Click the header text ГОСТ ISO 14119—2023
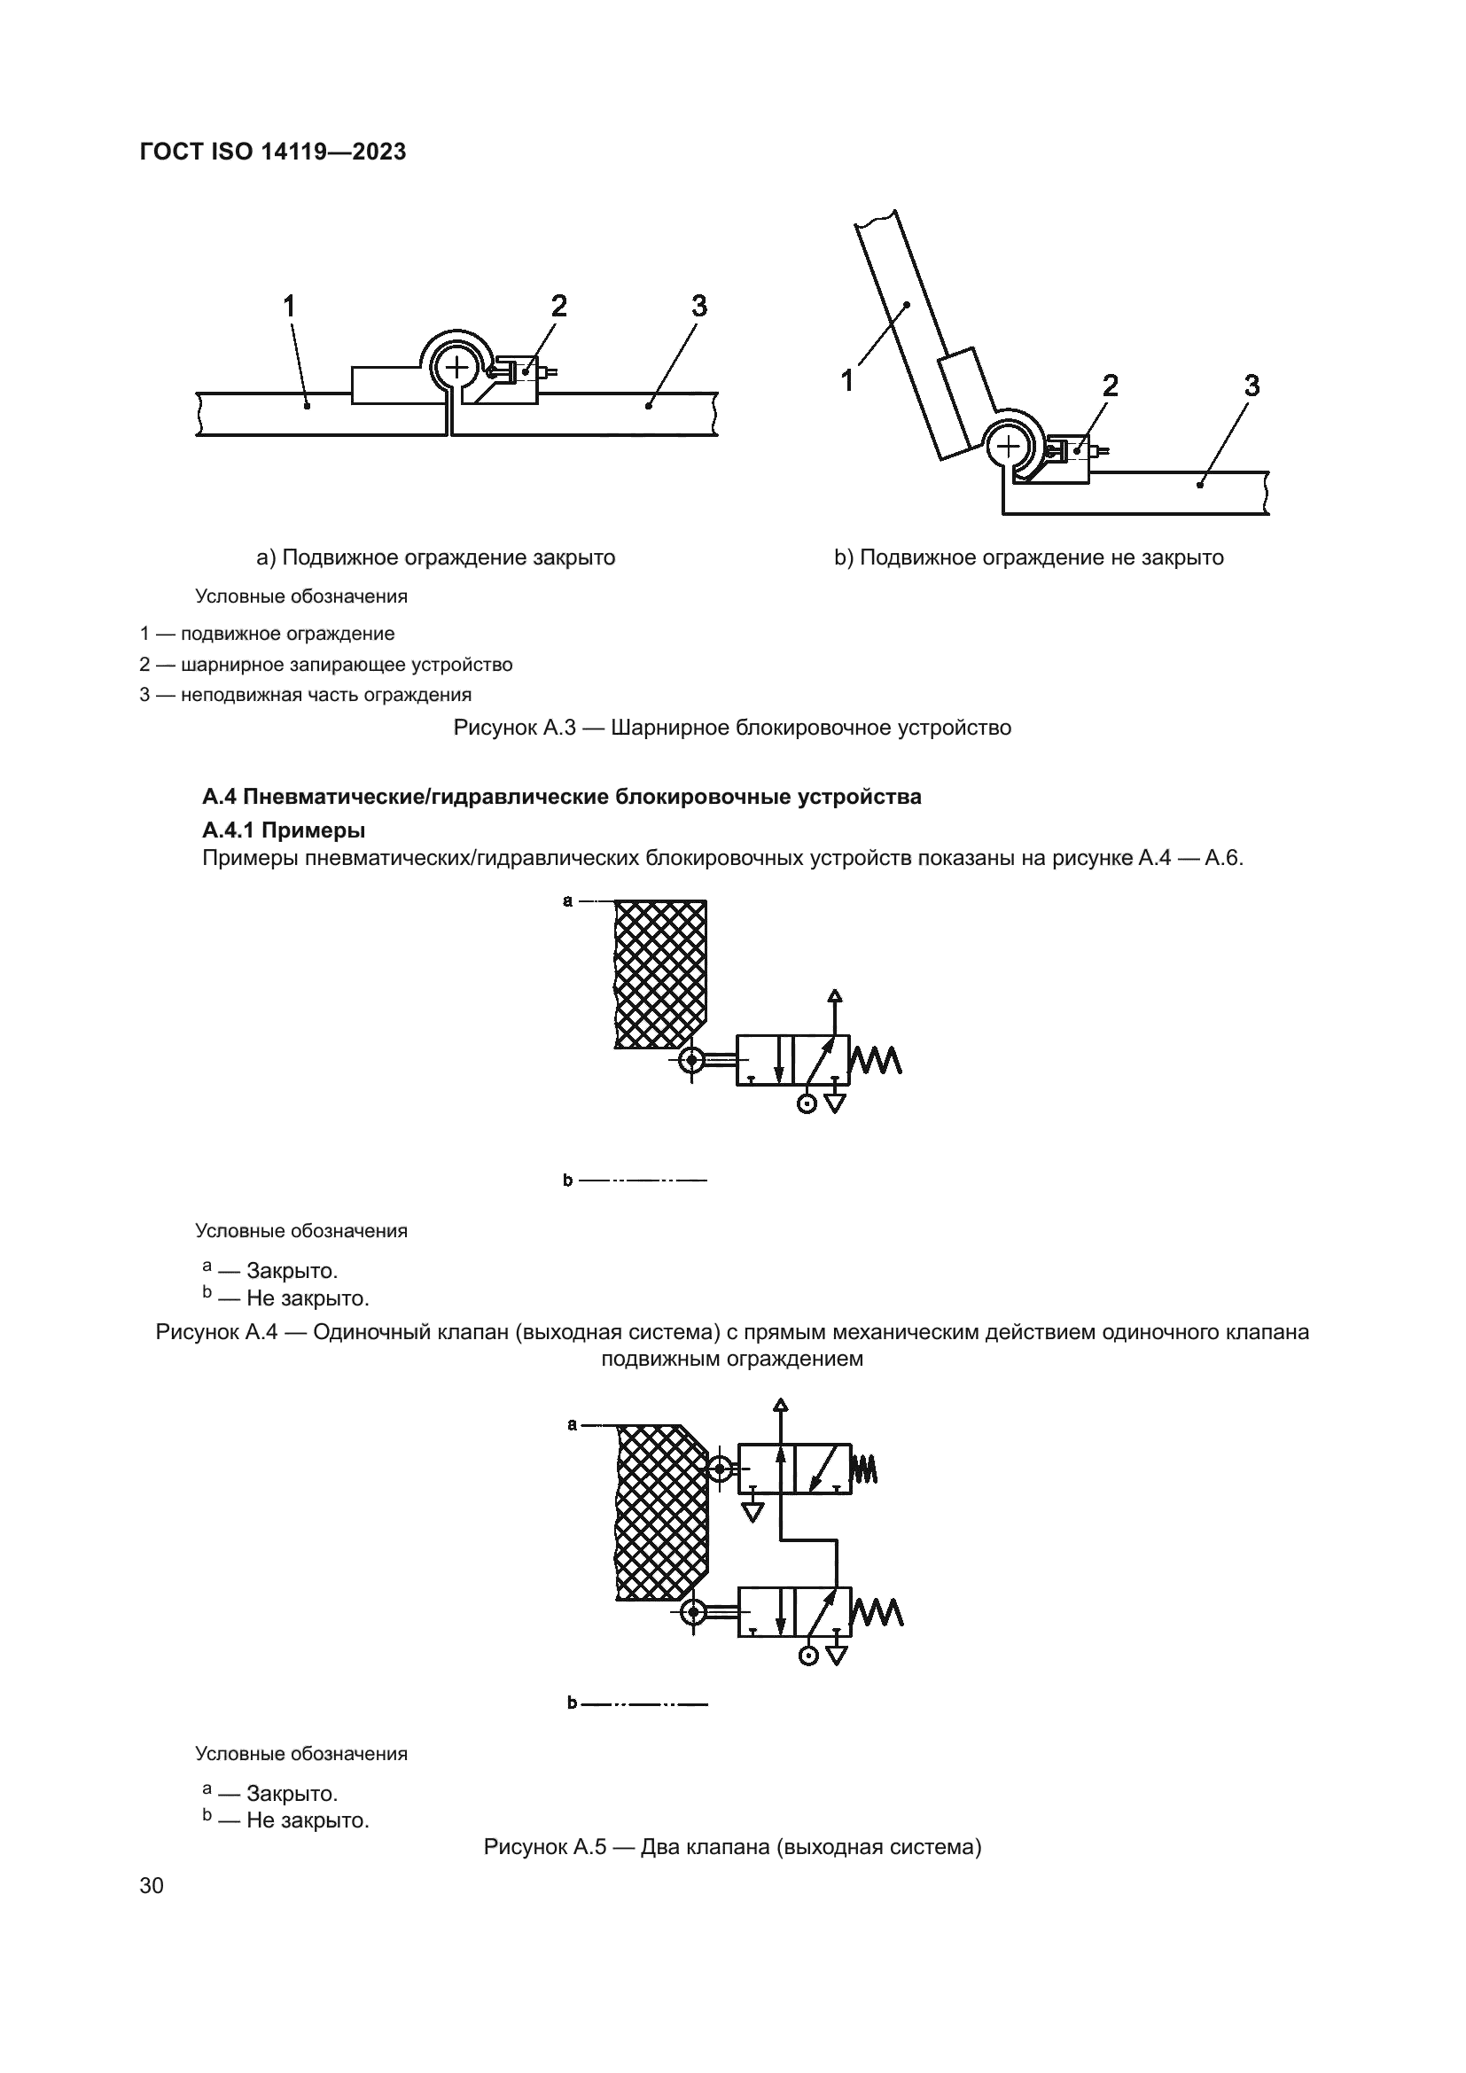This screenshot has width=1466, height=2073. coord(273,152)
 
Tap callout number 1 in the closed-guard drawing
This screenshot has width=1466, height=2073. coord(289,307)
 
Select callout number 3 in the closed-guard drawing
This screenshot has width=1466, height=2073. coord(698,307)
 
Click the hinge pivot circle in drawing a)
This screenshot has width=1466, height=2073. coord(457,367)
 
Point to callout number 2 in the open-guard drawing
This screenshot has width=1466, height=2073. coord(1111,386)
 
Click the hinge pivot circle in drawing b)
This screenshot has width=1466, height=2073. coord(1009,446)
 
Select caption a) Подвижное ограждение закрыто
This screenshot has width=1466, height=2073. coord(436,557)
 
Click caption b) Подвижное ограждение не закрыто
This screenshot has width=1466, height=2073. coord(1028,557)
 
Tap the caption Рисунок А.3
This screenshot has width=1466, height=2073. coord(732,727)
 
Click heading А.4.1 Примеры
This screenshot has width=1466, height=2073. coord(284,829)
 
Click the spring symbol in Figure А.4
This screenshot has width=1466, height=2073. coord(877,1060)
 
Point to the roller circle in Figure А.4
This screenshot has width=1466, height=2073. coord(691,1060)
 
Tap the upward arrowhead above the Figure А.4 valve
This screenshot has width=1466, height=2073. coord(835,996)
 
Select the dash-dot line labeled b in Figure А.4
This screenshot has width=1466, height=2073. coord(643,1179)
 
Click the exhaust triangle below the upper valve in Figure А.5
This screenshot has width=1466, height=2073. coord(751,1511)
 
